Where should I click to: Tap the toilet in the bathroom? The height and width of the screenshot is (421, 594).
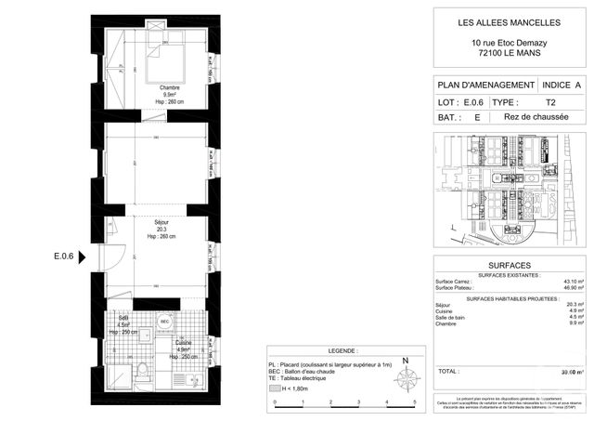(x=142, y=372)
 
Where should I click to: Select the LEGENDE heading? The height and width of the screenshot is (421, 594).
(x=341, y=351)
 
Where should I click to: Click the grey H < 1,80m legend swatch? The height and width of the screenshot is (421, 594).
(x=274, y=389)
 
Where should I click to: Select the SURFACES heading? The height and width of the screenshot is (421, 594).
(x=510, y=265)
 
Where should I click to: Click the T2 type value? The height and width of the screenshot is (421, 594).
(x=550, y=101)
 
